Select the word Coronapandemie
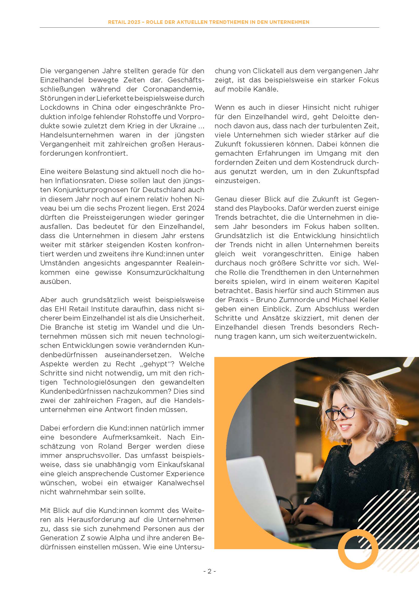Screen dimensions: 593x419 tap(173, 89)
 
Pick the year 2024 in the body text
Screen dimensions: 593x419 tap(196, 208)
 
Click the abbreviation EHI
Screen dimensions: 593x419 tap(61, 309)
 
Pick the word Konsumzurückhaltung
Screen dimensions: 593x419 tap(166, 272)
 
